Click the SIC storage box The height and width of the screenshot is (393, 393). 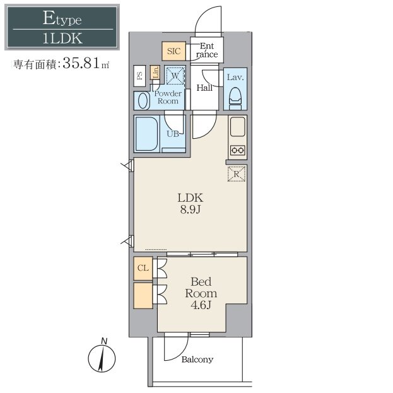(173, 51)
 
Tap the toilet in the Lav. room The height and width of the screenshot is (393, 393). (235, 98)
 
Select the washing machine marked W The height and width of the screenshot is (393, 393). (175, 75)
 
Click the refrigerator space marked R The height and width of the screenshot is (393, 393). (237, 173)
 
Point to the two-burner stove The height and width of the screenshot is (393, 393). (237, 150)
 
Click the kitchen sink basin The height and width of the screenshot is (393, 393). (237, 127)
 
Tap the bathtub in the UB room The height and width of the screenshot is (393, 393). (146, 134)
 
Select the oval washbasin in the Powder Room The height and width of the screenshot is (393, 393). (143, 101)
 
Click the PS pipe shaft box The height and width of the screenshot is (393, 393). (139, 76)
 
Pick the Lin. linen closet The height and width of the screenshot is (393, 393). (155, 73)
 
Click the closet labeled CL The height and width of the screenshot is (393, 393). (143, 268)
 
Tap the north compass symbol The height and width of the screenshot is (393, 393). (102, 356)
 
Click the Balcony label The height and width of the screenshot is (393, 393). (197, 360)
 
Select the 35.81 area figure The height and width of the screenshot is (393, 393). (81, 63)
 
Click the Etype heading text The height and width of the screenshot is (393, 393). (62, 18)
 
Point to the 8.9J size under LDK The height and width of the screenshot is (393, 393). (191, 209)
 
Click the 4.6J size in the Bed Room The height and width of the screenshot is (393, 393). (201, 305)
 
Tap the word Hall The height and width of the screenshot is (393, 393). (204, 88)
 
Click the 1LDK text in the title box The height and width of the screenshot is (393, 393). (62, 38)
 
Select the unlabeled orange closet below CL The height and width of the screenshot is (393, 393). (143, 296)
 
